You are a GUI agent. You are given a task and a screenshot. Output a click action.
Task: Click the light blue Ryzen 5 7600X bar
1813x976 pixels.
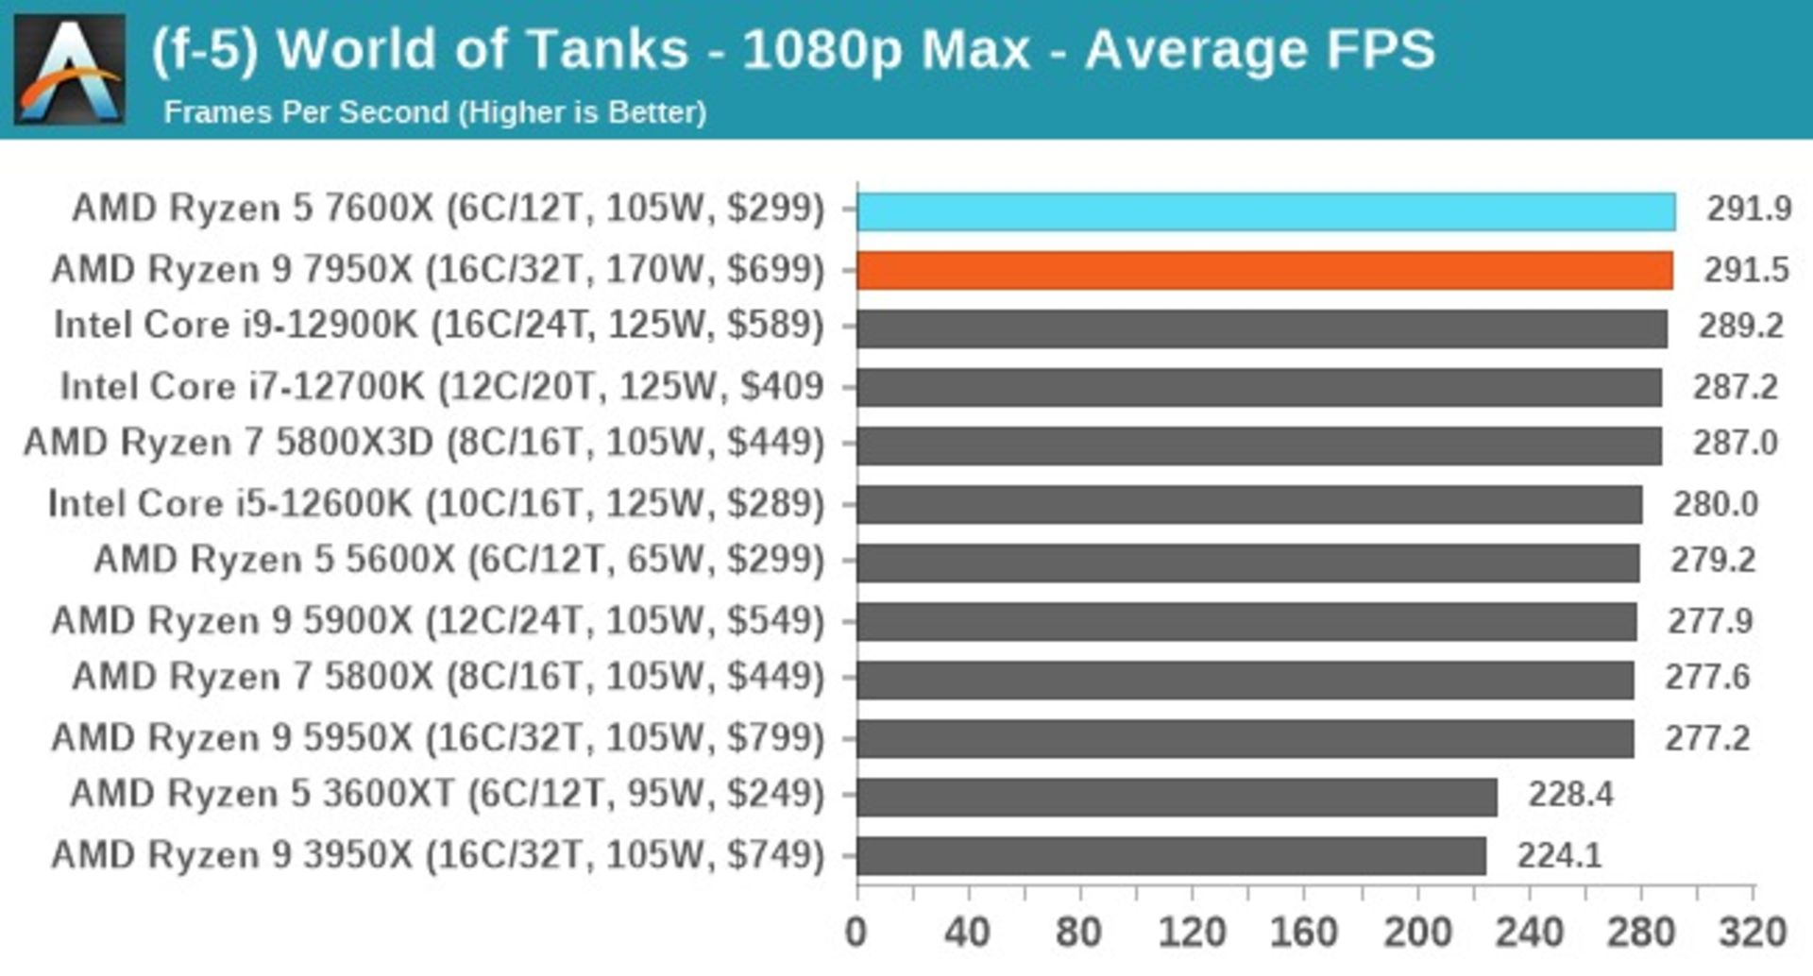[1265, 210]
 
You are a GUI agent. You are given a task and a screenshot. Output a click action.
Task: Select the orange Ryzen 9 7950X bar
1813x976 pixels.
[1264, 270]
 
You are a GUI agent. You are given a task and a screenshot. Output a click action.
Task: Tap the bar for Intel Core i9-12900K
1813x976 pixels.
[1262, 328]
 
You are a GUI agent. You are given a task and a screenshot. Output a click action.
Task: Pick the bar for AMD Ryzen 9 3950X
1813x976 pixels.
[1171, 856]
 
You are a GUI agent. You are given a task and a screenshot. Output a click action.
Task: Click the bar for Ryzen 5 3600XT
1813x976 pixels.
[1177, 797]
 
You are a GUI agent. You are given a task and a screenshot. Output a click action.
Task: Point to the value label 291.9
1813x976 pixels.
[1749, 209]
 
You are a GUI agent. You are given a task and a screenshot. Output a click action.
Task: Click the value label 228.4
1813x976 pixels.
[1570, 795]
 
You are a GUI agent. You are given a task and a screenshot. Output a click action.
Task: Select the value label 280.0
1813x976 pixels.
[1716, 504]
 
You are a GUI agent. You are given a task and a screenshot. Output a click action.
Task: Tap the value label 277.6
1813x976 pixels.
[1707, 678]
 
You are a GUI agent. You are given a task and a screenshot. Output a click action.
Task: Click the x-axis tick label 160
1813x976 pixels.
[1303, 933]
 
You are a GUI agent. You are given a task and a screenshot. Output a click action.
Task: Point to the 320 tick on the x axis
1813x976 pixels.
[1753, 933]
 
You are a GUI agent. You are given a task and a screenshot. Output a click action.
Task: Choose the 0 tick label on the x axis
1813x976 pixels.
[856, 933]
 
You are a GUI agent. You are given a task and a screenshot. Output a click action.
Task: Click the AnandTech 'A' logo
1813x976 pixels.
[70, 70]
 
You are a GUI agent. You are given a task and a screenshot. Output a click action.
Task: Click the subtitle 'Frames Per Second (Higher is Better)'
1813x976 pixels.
[435, 112]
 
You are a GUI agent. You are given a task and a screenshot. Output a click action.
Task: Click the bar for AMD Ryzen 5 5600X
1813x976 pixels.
[1247, 563]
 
